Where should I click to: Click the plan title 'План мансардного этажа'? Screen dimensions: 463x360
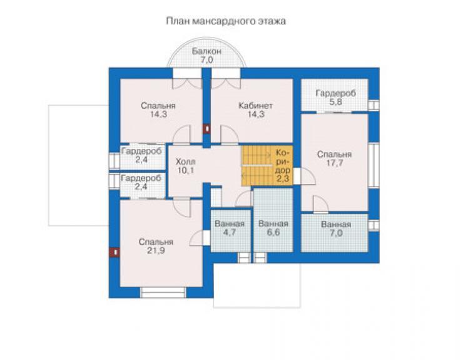pyautogui.click(x=226, y=21)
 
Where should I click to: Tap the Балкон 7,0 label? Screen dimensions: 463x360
pyautogui.click(x=206, y=55)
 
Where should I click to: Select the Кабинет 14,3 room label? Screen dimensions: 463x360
pyautogui.click(x=256, y=110)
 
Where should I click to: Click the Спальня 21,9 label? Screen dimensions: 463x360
pyautogui.click(x=156, y=246)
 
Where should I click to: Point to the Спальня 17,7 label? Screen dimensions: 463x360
pyautogui.click(x=334, y=158)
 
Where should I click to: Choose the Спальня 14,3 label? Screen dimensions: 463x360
pyautogui.click(x=158, y=110)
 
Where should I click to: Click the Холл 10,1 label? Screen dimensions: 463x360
pyautogui.click(x=186, y=166)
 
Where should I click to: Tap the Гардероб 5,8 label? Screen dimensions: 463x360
pyautogui.click(x=336, y=98)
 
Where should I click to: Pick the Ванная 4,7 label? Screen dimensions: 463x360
pyautogui.click(x=230, y=228)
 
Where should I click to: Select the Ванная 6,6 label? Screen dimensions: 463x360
pyautogui.click(x=273, y=228)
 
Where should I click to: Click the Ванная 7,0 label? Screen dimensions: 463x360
pyautogui.click(x=336, y=229)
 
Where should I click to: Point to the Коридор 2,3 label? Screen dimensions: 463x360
pyautogui.click(x=283, y=165)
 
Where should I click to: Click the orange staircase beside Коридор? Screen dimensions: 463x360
pyautogui.click(x=257, y=165)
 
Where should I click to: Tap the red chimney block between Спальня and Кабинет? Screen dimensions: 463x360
pyautogui.click(x=206, y=129)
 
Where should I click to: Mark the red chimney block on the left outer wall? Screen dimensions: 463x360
pyautogui.click(x=114, y=252)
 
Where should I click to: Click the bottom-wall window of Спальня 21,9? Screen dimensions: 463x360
pyautogui.click(x=163, y=292)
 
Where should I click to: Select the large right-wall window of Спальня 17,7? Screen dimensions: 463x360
pyautogui.click(x=374, y=165)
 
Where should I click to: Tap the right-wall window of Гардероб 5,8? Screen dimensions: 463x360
pyautogui.click(x=374, y=106)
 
